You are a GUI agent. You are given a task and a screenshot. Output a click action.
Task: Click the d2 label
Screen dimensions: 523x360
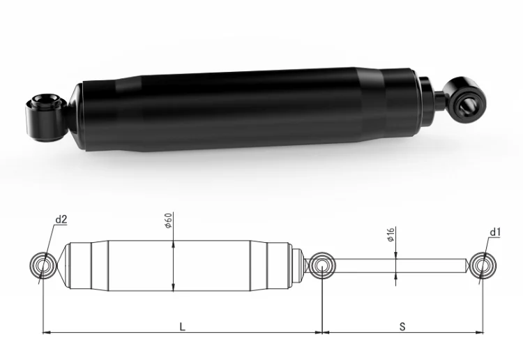(x=61, y=220)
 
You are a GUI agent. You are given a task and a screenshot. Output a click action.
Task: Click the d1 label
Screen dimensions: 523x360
(x=495, y=232)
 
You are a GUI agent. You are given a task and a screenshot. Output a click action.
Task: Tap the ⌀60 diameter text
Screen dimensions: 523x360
(x=169, y=220)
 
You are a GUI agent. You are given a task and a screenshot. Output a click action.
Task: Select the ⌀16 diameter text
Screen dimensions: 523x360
(x=391, y=234)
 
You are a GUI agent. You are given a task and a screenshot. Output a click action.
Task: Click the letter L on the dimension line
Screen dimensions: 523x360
(x=182, y=327)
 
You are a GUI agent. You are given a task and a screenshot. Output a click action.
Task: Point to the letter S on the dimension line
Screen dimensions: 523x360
(x=402, y=327)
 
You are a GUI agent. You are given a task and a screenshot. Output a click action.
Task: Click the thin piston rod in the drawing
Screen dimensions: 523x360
(x=400, y=266)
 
